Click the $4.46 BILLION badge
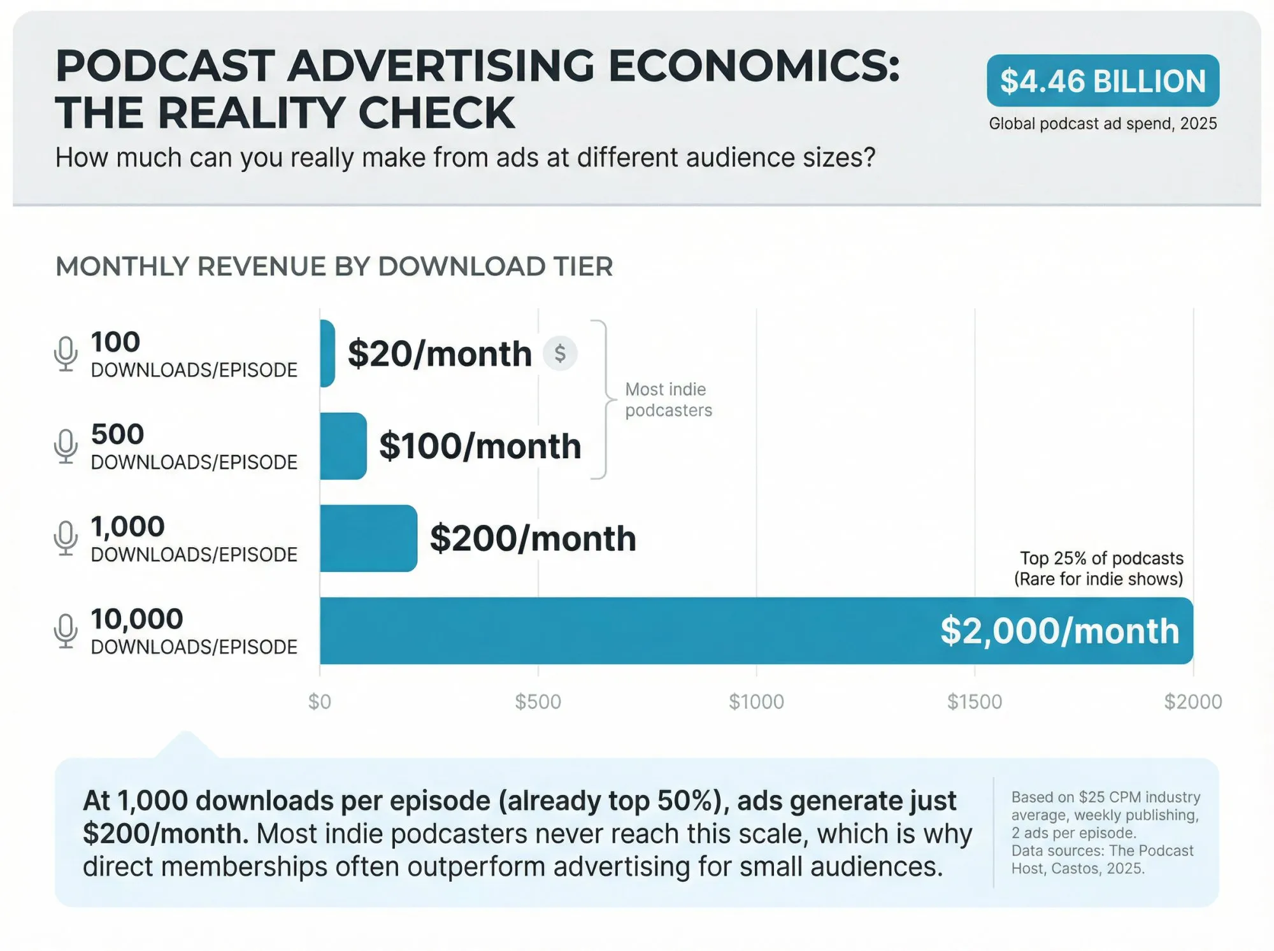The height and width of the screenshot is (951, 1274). pos(1103,81)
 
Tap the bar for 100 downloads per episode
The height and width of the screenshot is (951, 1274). pos(327,354)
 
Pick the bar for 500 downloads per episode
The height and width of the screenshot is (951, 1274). pos(343,446)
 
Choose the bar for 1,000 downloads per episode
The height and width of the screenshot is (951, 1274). pos(368,538)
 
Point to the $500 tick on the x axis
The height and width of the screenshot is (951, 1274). pos(538,702)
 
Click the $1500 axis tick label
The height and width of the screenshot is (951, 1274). pos(975,702)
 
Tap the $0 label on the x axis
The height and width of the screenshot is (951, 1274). pos(320,702)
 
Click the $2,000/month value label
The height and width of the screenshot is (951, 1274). pos(1059,631)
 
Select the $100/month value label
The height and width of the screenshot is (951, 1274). pos(480,446)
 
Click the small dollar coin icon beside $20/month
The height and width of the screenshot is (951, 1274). pos(560,353)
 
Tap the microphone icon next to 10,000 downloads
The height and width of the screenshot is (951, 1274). pos(66,631)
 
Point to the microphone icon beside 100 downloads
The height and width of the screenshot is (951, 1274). pos(66,354)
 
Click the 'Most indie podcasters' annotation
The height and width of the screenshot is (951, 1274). pos(668,399)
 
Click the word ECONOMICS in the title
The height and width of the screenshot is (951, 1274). pos(754,66)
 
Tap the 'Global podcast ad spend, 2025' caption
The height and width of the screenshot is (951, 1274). pos(1103,124)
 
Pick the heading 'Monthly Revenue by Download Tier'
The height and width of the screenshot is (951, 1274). pos(334,266)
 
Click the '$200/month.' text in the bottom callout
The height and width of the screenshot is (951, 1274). pos(165,834)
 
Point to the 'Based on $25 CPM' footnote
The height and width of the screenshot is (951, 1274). pos(1105,797)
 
